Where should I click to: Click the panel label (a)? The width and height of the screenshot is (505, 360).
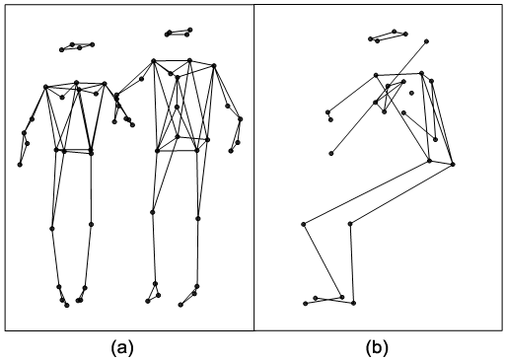point(122,348)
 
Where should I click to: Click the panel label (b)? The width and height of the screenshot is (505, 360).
point(377,348)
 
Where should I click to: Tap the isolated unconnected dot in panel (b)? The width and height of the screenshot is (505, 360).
point(411,93)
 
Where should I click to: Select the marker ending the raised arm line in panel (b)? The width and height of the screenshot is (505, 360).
point(426,41)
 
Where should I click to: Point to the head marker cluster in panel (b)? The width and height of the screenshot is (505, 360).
point(388,36)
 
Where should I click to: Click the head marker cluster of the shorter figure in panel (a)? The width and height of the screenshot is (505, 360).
point(77,46)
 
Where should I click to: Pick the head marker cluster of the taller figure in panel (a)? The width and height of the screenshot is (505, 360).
point(179,33)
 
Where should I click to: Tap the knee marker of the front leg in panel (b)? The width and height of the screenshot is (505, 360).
point(304,224)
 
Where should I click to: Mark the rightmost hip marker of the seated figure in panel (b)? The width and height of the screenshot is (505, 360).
point(453,164)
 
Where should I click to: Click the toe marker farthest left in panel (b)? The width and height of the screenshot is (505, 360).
point(306,304)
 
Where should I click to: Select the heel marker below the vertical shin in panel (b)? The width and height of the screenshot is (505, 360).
point(353,303)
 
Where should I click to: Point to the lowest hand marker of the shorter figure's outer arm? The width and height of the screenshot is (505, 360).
point(20,165)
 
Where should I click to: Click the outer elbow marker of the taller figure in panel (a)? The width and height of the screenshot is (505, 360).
point(241,119)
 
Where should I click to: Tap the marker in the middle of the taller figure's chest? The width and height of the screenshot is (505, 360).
point(177,107)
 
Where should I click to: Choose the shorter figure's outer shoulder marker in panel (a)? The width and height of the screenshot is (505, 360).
point(45,87)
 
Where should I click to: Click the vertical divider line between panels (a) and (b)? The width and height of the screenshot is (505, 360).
point(253,168)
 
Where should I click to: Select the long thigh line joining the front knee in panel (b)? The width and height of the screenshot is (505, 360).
point(366,192)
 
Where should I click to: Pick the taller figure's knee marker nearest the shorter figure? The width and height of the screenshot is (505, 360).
point(153,212)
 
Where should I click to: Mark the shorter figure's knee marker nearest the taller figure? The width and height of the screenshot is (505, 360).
point(91,224)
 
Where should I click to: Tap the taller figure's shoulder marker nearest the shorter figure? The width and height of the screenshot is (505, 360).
point(154,61)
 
